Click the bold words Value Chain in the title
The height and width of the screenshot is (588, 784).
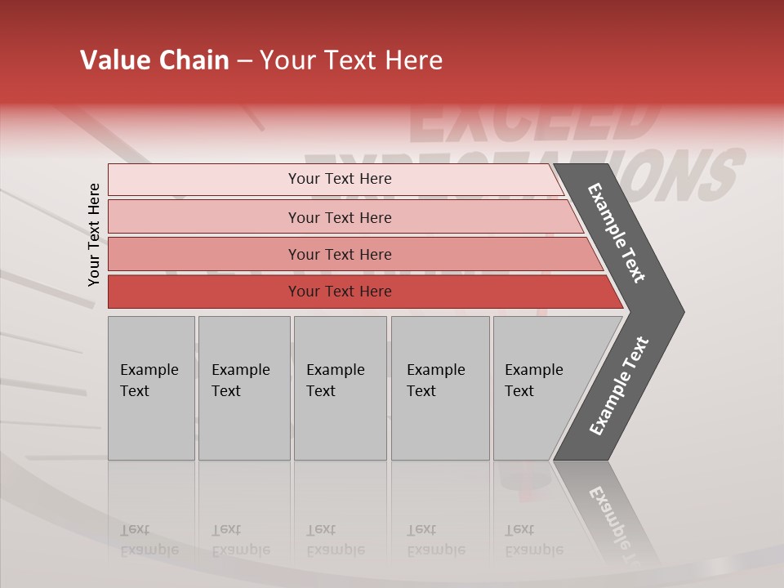(154, 60)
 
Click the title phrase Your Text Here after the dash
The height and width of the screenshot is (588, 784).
(351, 60)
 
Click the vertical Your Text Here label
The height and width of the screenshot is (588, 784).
(94, 234)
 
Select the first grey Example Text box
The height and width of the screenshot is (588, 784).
(151, 387)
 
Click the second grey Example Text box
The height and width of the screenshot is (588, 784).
(243, 387)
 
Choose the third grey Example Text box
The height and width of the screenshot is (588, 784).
(340, 387)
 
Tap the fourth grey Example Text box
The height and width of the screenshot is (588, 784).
(440, 387)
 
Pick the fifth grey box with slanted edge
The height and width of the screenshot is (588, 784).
(539, 387)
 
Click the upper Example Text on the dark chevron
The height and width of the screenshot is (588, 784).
(617, 234)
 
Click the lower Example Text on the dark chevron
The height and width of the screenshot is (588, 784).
(619, 386)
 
